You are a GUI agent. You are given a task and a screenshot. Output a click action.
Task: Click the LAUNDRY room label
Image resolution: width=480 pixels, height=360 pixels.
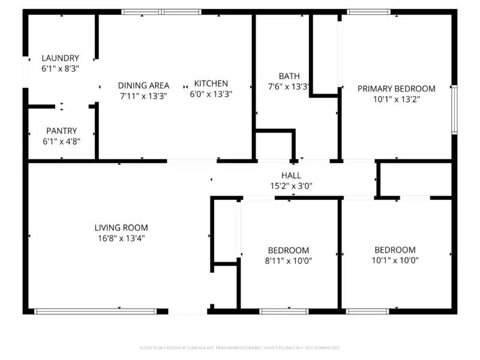[60, 58]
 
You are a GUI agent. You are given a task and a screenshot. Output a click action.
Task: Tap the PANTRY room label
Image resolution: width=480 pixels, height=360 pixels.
[61, 131]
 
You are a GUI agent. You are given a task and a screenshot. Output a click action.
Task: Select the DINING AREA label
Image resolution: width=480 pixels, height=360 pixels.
[143, 85]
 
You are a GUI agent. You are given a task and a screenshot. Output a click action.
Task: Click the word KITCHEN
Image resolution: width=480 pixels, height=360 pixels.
[211, 83]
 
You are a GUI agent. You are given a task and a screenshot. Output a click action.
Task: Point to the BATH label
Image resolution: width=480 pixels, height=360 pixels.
[289, 76]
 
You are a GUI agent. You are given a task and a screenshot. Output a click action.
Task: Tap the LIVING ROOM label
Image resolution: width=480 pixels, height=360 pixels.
[121, 227]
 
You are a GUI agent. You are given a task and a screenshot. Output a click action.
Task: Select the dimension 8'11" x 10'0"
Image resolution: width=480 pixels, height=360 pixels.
[289, 260]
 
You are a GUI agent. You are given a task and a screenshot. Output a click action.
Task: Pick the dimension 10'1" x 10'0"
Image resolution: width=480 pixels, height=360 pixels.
[395, 260]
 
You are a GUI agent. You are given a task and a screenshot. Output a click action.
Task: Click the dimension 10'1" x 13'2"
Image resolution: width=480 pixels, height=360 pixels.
[396, 99]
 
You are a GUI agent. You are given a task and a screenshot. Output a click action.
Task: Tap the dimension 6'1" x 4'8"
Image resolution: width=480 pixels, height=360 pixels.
[61, 141]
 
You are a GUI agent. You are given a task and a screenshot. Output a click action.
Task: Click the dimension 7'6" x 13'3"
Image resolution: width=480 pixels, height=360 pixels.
[289, 86]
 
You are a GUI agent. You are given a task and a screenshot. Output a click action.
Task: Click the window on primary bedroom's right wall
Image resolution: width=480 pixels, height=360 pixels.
[454, 109]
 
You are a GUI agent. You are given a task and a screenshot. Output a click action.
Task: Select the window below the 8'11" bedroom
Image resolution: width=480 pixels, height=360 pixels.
[284, 311]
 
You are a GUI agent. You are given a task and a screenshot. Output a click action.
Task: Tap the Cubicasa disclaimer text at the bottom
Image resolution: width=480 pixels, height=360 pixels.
[239, 347]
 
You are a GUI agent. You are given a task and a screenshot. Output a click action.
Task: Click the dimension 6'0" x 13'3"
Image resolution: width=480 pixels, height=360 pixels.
[211, 94]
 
